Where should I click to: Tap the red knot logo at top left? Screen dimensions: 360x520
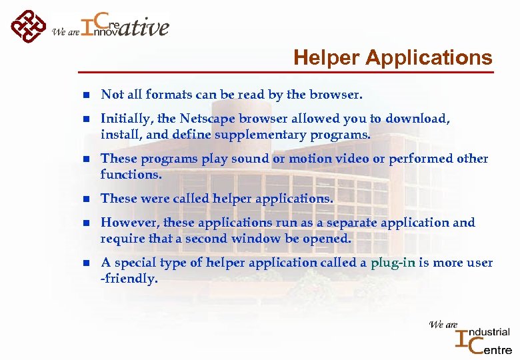point(28,27)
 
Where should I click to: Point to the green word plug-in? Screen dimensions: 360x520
point(393,263)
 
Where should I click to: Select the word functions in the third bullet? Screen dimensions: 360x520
point(129,175)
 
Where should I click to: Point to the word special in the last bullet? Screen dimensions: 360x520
point(133,263)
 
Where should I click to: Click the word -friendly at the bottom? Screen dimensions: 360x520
point(129,279)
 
